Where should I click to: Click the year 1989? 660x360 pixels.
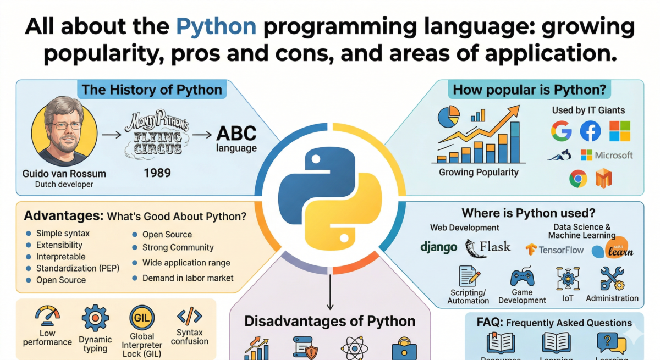157,173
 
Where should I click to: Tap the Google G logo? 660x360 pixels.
562,131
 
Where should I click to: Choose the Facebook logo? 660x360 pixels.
591,131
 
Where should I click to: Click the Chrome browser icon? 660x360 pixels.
578,178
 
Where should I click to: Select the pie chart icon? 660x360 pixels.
449,117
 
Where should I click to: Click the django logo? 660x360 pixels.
438,248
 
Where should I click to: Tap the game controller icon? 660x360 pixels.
521,278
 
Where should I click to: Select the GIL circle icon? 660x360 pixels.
141,318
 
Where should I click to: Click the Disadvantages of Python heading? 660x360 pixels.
329,321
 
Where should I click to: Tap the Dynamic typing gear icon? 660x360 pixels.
95,317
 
